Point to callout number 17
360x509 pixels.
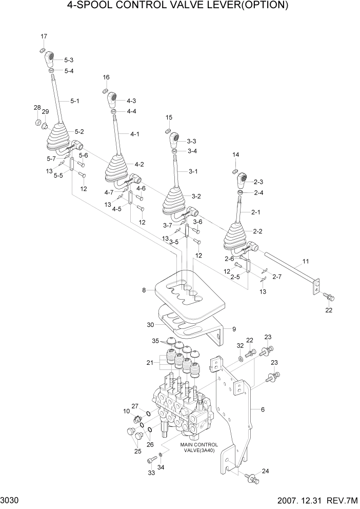pos(44,36)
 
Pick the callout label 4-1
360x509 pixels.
pos(135,134)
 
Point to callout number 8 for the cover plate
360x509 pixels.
pos(145,290)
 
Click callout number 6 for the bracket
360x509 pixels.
pos(263,410)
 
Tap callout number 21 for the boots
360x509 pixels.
pos(149,363)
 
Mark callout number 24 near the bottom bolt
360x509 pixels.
pos(265,471)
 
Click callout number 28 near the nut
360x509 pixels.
pos(37,107)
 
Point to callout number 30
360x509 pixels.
pos(150,324)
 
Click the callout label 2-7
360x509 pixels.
pos(277,277)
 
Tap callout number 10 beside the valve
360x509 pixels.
pos(126,411)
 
